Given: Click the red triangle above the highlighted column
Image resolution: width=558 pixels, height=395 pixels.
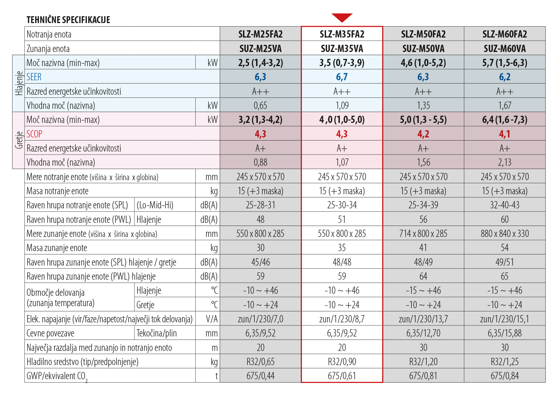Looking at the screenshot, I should point(342,17).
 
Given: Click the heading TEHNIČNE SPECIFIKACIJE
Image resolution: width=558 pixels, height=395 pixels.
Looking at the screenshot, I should point(68,20).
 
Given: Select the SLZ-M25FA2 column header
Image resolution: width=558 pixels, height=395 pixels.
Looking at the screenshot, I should point(261,34).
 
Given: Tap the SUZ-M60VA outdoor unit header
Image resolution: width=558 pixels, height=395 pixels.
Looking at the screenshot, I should point(505,49).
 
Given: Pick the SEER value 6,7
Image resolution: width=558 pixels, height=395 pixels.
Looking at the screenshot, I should point(342,77).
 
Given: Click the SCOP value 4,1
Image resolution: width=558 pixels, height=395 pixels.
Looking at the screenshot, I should point(505,134).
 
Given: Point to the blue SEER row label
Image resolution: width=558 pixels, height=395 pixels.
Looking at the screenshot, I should point(34,77).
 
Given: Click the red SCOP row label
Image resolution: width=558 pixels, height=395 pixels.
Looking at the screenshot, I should point(34,134).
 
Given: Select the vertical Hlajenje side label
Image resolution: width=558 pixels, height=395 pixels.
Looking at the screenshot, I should point(19,83).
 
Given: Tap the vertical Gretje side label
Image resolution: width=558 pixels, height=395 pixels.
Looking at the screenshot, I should point(19,140).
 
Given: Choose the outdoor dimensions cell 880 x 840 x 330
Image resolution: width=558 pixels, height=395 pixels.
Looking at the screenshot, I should point(505,233).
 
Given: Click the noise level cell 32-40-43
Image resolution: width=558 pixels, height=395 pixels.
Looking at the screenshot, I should point(505,205).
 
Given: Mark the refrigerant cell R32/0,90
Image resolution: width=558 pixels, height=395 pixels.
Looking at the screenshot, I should point(342,362).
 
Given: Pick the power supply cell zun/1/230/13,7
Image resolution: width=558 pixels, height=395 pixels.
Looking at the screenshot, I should point(423,319).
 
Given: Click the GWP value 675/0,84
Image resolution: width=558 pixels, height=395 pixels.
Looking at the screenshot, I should point(505,376).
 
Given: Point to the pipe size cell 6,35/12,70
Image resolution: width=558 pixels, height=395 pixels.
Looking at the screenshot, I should point(423,333).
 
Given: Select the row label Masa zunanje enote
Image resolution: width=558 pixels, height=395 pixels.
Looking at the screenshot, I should point(57,248).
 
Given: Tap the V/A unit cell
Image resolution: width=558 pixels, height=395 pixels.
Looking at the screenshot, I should point(212,319).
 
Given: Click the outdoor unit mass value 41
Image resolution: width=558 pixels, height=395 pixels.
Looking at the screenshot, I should point(423,248).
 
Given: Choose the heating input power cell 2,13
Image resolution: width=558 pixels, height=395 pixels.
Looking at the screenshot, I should point(505,162).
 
